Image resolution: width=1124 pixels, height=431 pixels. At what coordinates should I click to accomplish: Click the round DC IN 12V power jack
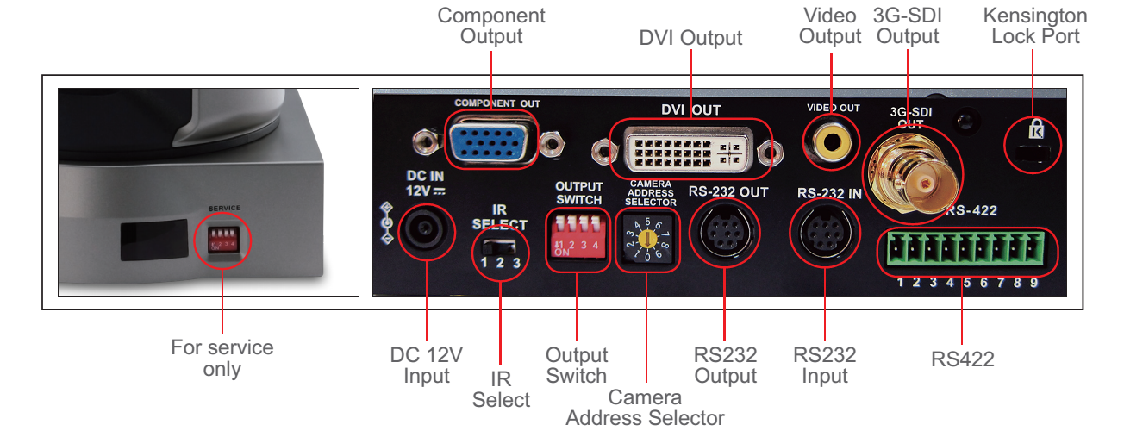pyautogui.click(x=428, y=231)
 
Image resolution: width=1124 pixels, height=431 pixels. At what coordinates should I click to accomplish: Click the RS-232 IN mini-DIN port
pyautogui.click(x=824, y=234)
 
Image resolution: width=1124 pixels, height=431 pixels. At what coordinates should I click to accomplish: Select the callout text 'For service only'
pyautogui.click(x=222, y=359)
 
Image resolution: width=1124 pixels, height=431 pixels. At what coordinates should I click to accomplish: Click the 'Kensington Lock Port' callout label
pyautogui.click(x=1034, y=26)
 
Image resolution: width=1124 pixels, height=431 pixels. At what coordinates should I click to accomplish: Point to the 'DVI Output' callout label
pyautogui.click(x=690, y=38)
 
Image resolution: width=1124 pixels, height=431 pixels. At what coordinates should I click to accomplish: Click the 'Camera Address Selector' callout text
pyautogui.click(x=645, y=408)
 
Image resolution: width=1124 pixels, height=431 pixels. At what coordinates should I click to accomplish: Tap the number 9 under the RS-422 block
pyautogui.click(x=1033, y=282)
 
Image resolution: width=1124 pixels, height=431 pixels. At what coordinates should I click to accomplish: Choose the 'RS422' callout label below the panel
pyautogui.click(x=962, y=359)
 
